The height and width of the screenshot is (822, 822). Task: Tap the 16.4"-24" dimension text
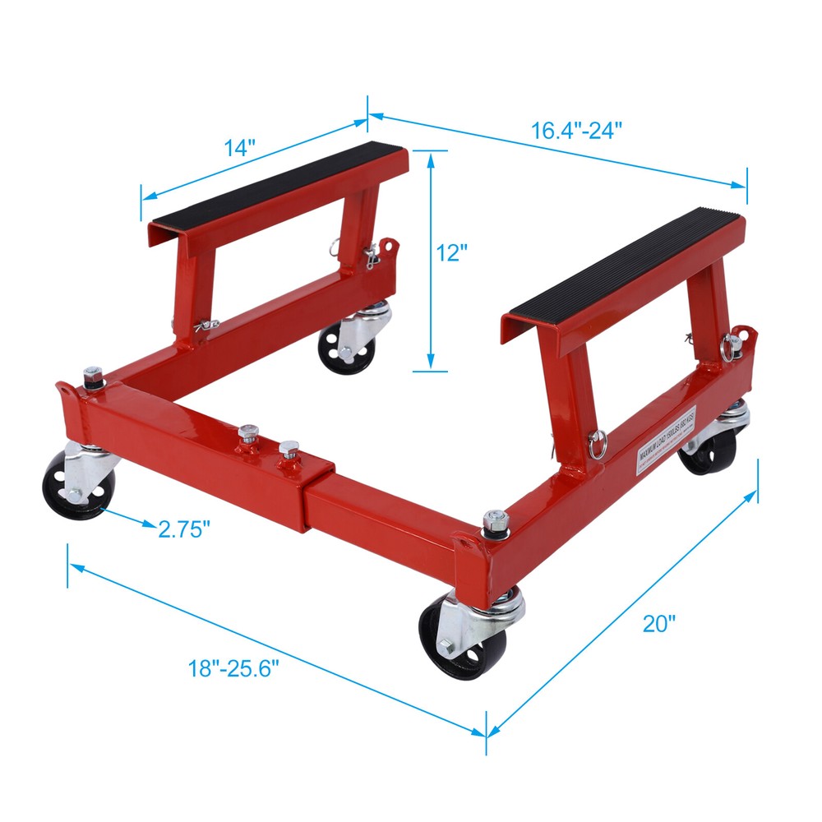point(575,131)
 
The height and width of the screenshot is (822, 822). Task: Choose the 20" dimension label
point(658,624)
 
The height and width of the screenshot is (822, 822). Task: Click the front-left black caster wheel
point(70,486)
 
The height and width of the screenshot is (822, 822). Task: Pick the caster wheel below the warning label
point(709,449)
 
